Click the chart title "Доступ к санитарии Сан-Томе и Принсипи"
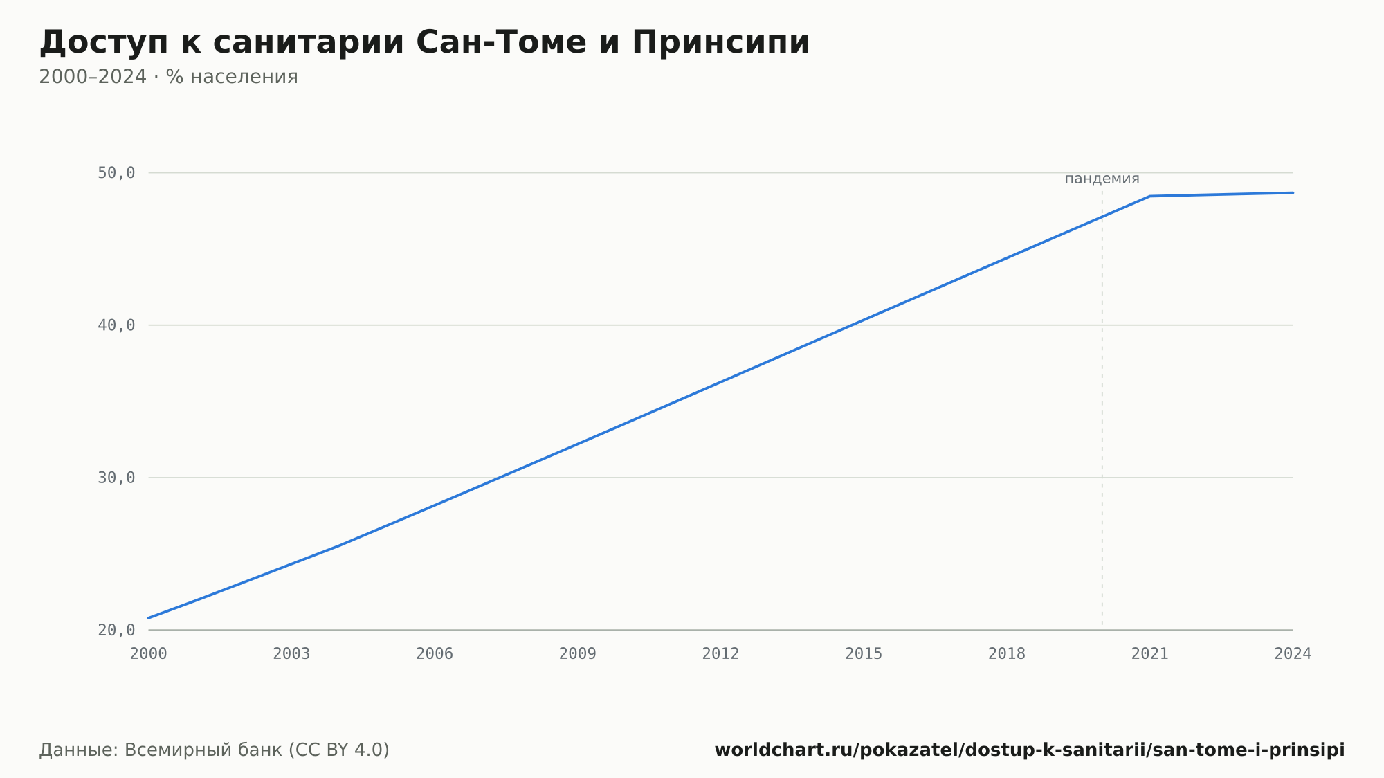click(x=424, y=43)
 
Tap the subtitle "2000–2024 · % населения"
click(x=168, y=77)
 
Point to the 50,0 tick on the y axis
click(x=116, y=173)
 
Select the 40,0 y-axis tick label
click(x=116, y=325)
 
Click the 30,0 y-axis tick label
click(x=116, y=478)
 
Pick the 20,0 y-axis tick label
click(x=116, y=630)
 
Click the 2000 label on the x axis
click(x=149, y=654)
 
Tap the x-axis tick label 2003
click(x=291, y=654)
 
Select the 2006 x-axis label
click(x=435, y=654)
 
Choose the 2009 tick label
click(x=578, y=654)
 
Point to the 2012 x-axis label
click(x=721, y=654)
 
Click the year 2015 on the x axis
click(x=864, y=654)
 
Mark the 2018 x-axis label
click(x=1007, y=654)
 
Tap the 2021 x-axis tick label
click(x=1150, y=654)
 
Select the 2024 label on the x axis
click(x=1293, y=654)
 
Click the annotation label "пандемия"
click(x=1102, y=179)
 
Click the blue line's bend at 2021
click(x=1150, y=197)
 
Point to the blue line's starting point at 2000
click(x=149, y=618)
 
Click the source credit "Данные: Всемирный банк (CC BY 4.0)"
click(x=215, y=750)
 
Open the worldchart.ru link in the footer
click(x=1030, y=750)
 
